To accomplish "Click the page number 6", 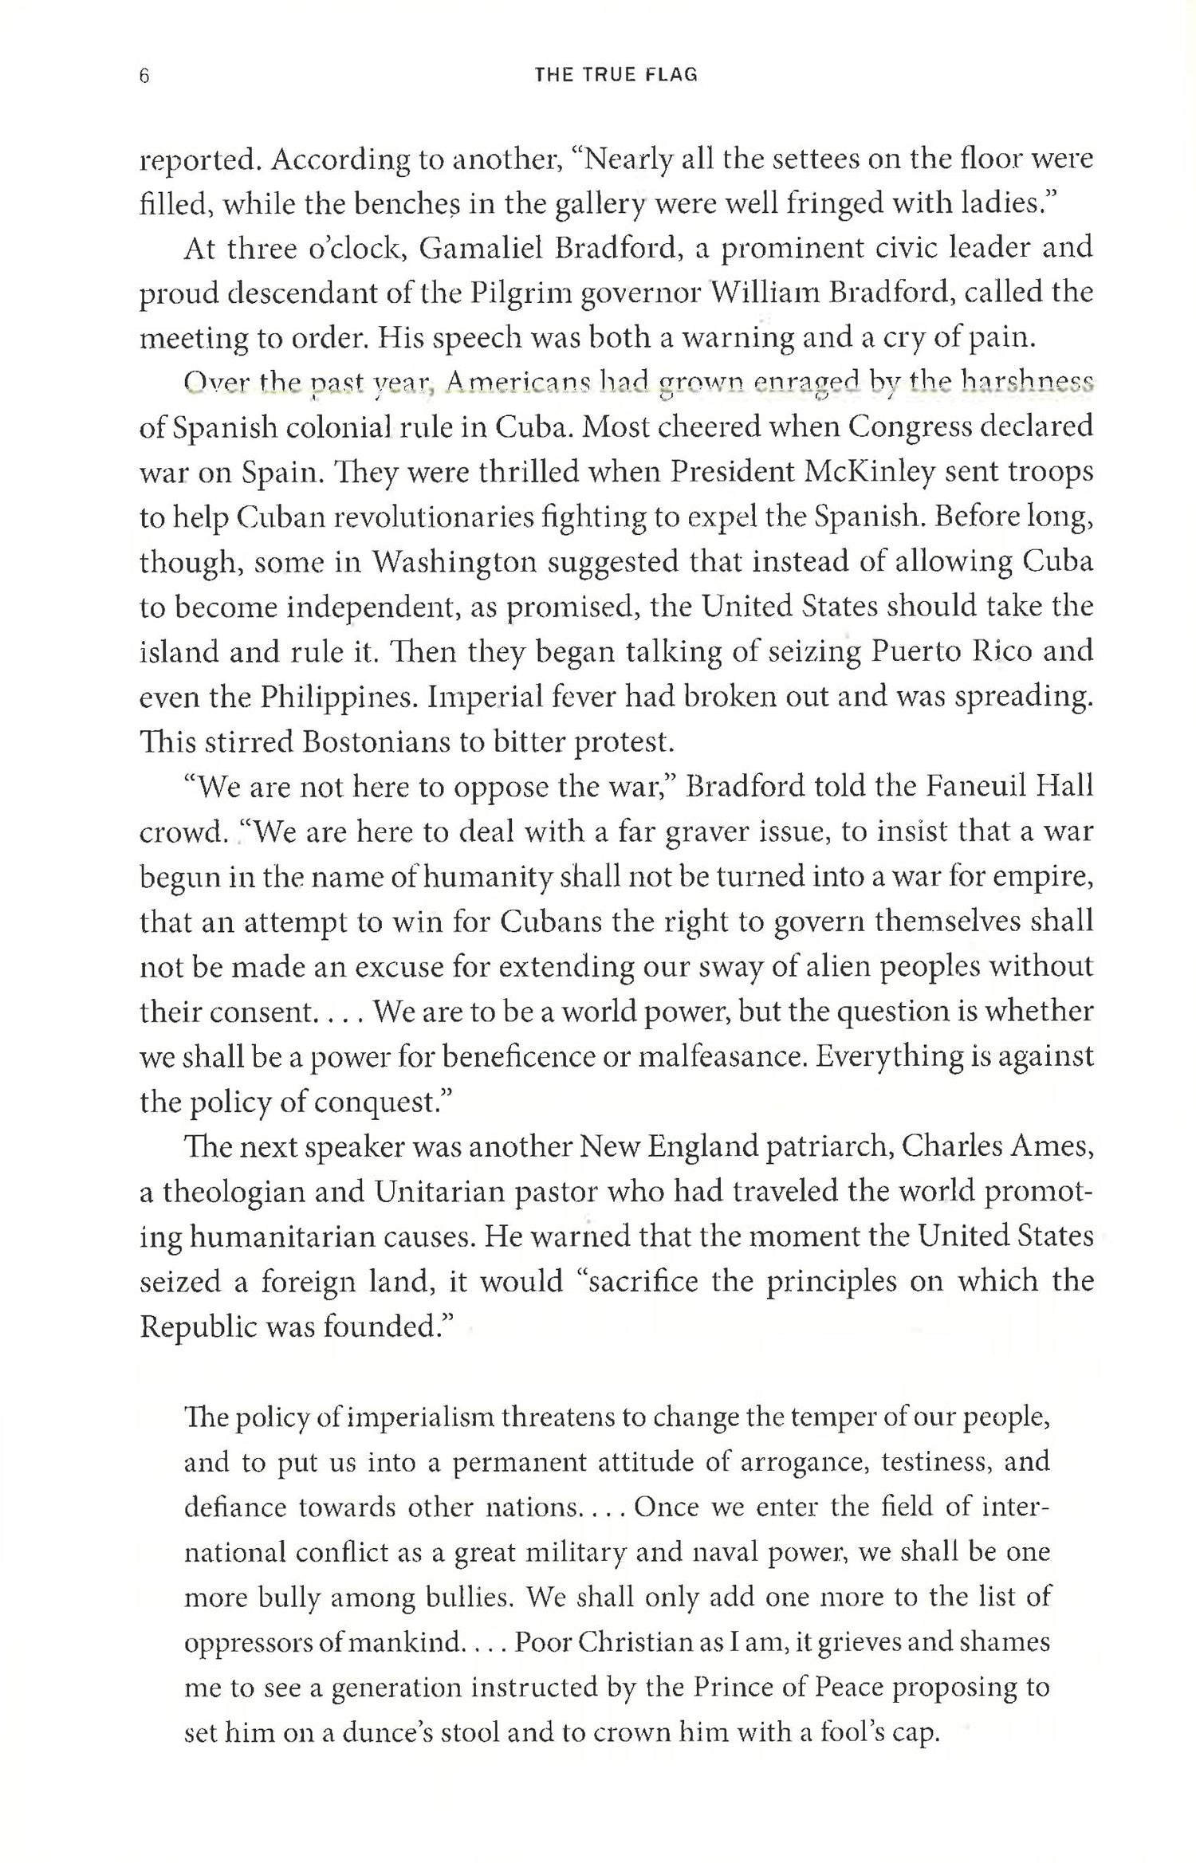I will (x=144, y=76).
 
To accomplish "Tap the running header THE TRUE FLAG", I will (x=616, y=76).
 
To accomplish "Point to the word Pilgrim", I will (x=517, y=294).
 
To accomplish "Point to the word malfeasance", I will (x=720, y=1057).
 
